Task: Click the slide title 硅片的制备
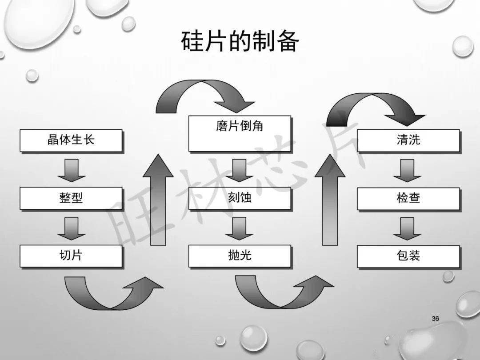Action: tap(240, 43)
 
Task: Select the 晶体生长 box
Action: tap(71, 140)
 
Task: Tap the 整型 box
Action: tap(71, 198)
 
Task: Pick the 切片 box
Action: tap(71, 256)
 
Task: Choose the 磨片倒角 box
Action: tap(240, 133)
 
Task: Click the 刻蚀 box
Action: tap(240, 198)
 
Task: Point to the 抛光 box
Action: tap(240, 256)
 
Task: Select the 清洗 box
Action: tap(408, 140)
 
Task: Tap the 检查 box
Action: tap(408, 198)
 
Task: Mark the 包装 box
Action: tap(408, 256)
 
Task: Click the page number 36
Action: tap(436, 319)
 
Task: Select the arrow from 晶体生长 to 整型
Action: tap(71, 170)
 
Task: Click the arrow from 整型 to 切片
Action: tap(71, 228)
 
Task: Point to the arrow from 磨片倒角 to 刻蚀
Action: tap(240, 170)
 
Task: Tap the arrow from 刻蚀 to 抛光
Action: tap(240, 228)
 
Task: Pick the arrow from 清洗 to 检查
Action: tap(408, 170)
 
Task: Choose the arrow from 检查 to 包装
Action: tap(408, 228)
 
